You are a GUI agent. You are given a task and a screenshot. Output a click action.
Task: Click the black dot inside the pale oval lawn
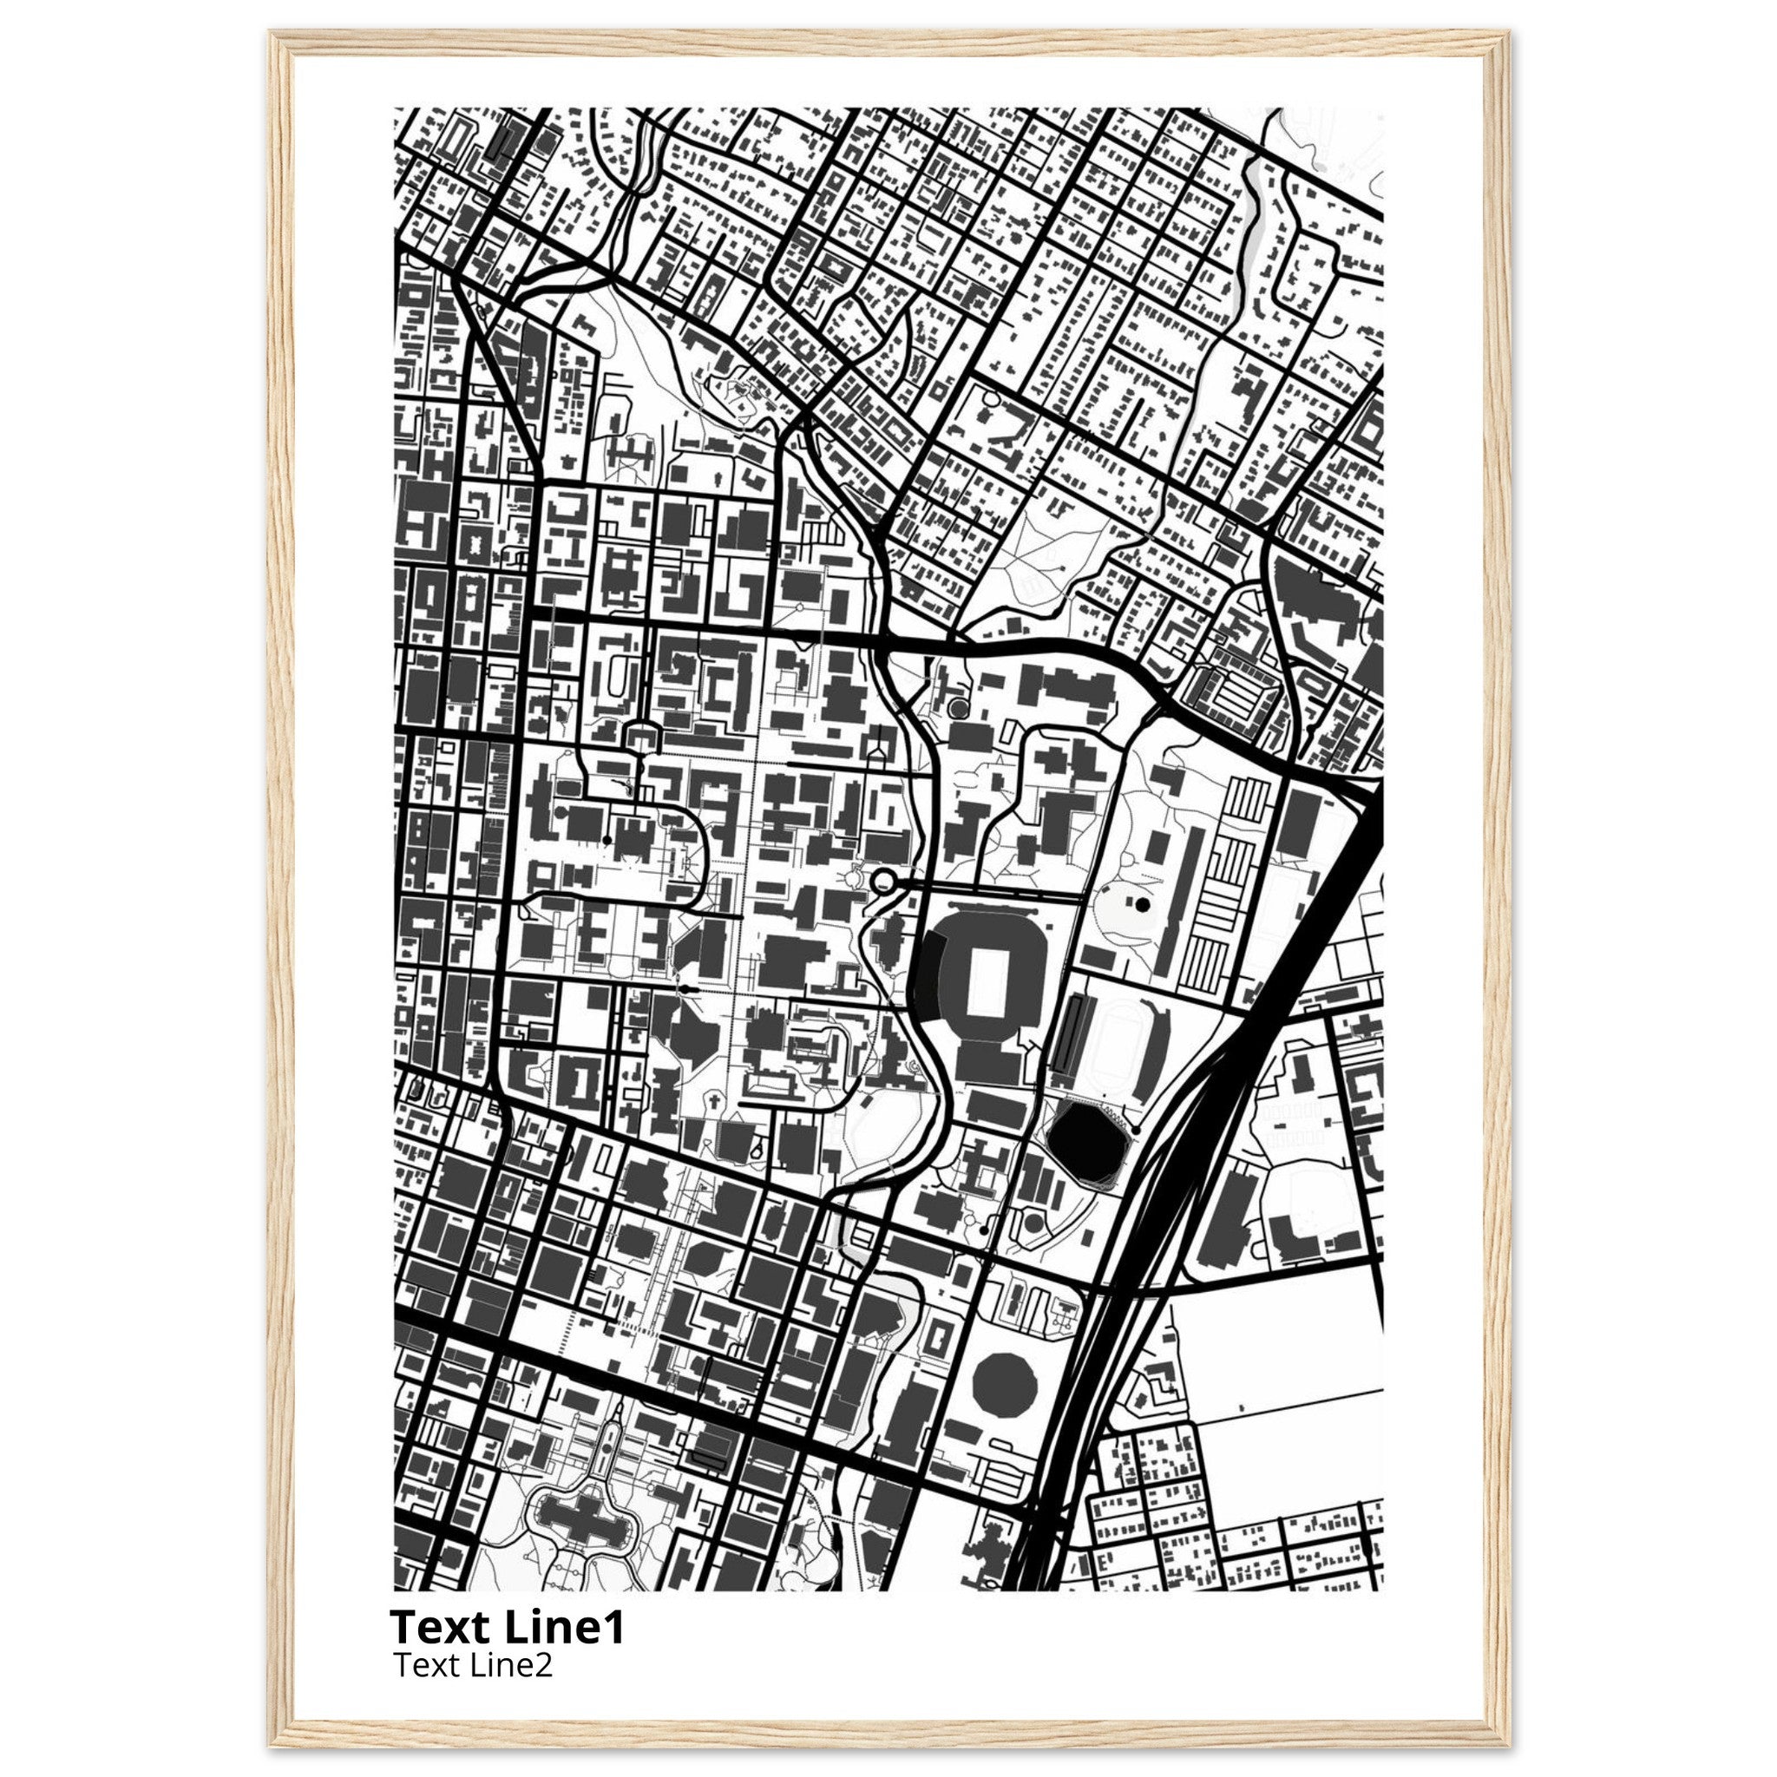click(1143, 905)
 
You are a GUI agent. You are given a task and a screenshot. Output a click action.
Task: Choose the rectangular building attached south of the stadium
click(990, 1063)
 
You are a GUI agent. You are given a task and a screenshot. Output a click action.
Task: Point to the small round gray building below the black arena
click(1033, 1223)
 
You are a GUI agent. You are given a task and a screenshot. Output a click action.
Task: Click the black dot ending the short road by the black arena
click(1136, 1130)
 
